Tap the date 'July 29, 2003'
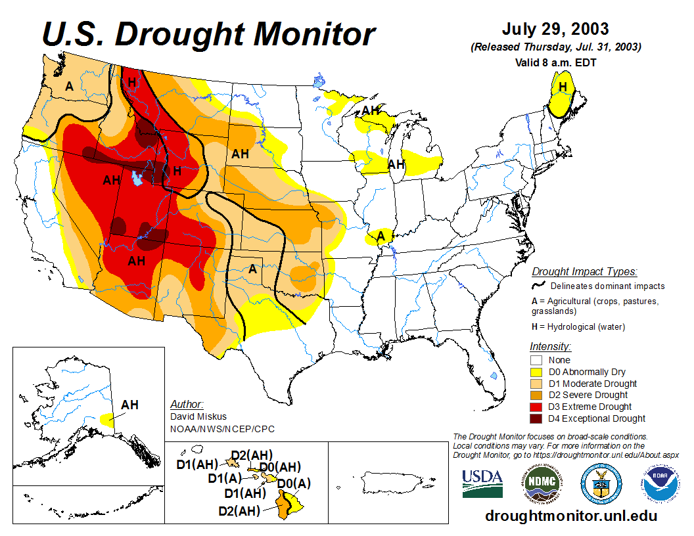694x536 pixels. (x=555, y=30)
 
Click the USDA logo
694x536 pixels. (x=482, y=483)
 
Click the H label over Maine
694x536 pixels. (x=563, y=87)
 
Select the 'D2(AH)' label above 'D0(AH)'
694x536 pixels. (x=252, y=455)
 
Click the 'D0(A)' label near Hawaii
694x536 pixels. (x=293, y=483)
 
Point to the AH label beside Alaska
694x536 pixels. (x=129, y=405)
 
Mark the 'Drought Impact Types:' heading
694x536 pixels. (x=584, y=271)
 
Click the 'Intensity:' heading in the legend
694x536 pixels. (x=550, y=346)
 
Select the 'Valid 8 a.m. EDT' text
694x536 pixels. (x=555, y=63)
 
